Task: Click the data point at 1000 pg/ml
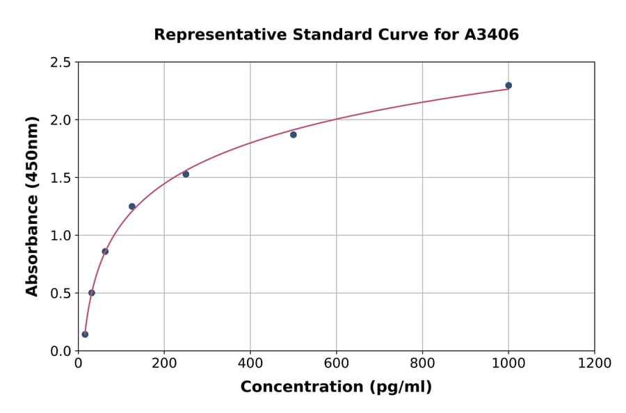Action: [x=508, y=86]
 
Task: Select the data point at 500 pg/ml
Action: [x=294, y=135]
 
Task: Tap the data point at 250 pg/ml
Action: [x=186, y=174]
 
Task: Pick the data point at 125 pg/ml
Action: [x=132, y=206]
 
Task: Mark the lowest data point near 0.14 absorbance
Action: [x=85, y=334]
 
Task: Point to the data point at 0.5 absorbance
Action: [x=92, y=293]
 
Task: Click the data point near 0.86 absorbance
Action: [x=105, y=252]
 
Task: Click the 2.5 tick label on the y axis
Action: [x=61, y=63]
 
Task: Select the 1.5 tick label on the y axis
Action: [x=61, y=178]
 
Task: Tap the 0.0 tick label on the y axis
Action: [x=61, y=351]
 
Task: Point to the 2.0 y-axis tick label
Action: [x=61, y=120]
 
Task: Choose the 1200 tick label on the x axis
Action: [x=595, y=364]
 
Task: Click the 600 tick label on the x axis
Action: [x=337, y=364]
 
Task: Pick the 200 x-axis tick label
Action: [x=164, y=364]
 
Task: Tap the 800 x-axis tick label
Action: [x=423, y=364]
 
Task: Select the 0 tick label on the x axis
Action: [x=78, y=364]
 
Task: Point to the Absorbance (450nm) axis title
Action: [x=32, y=206]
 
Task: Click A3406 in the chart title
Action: [x=492, y=35]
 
